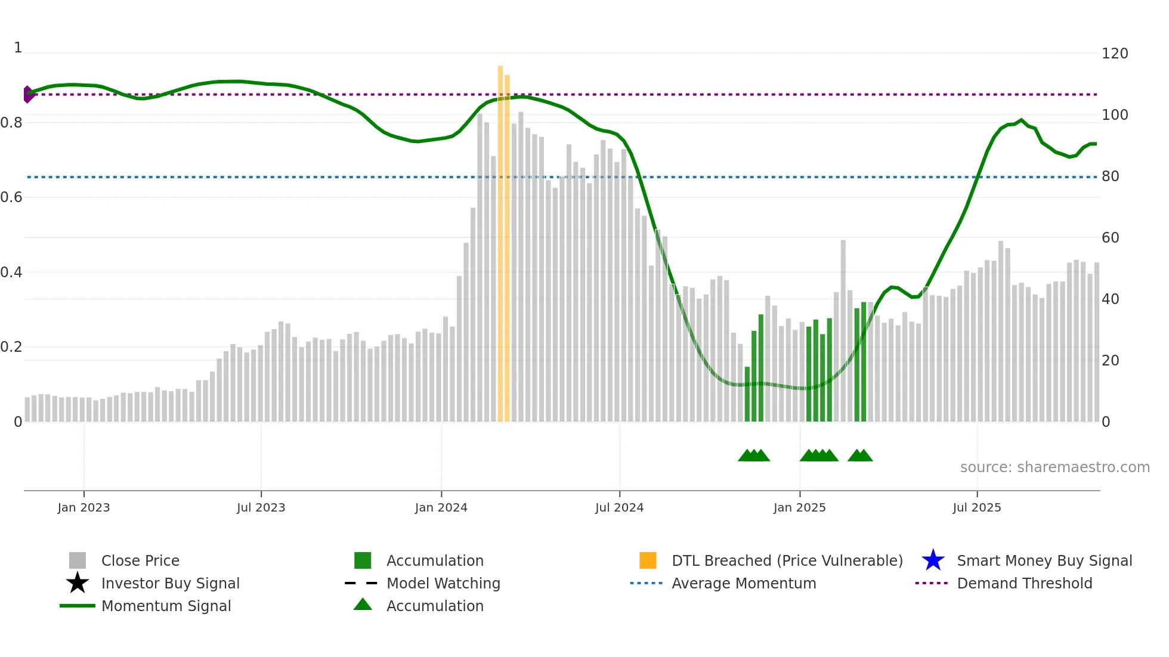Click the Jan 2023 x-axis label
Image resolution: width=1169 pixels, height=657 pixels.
click(x=83, y=507)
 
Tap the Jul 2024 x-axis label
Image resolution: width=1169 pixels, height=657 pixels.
click(x=619, y=507)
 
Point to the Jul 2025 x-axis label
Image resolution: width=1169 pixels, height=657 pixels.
click(x=976, y=507)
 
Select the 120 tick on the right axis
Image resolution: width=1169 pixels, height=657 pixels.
click(x=1114, y=54)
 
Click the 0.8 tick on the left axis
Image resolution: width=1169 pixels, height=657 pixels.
click(x=11, y=123)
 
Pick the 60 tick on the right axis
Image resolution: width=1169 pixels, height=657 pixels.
click(x=1110, y=238)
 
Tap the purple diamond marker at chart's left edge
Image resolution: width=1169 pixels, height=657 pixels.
click(x=27, y=94)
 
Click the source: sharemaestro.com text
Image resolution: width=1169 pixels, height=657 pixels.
click(x=1054, y=467)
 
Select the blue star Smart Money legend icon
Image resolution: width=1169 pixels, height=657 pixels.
click(x=933, y=560)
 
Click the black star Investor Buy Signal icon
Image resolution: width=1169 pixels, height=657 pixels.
click(x=78, y=583)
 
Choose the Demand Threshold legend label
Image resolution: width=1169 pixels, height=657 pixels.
click(x=1024, y=583)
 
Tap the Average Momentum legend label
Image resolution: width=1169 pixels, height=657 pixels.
click(x=743, y=583)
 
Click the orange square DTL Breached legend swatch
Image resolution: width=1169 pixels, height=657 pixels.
click(x=648, y=560)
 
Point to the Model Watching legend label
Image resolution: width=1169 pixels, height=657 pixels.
click(x=443, y=583)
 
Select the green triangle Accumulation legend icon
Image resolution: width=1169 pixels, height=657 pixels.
click(x=363, y=605)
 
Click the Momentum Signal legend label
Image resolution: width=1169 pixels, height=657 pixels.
click(x=166, y=606)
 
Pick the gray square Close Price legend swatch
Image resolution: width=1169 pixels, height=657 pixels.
click(x=78, y=560)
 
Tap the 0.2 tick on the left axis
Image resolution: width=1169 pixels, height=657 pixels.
click(x=11, y=347)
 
